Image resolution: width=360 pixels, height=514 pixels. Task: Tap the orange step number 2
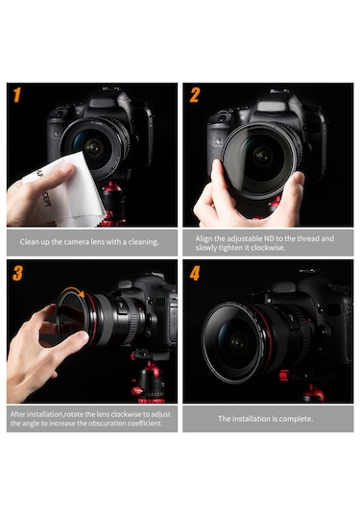(194, 95)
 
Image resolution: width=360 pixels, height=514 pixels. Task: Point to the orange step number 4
(194, 274)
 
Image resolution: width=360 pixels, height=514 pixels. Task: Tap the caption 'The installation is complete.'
(267, 419)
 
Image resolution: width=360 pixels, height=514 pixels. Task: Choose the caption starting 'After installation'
(90, 419)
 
